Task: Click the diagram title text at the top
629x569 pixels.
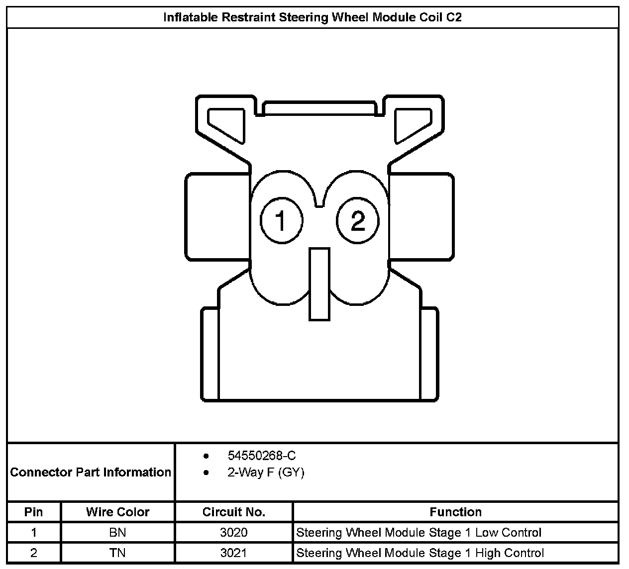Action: point(313,17)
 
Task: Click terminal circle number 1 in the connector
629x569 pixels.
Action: point(282,220)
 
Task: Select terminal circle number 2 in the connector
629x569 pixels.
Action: point(357,220)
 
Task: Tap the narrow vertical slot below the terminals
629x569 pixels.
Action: point(319,284)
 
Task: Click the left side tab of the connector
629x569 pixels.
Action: point(217,217)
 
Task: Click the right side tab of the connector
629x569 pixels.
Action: point(421,217)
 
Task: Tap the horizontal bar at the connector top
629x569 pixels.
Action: point(319,108)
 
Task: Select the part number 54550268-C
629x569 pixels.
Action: point(262,456)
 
